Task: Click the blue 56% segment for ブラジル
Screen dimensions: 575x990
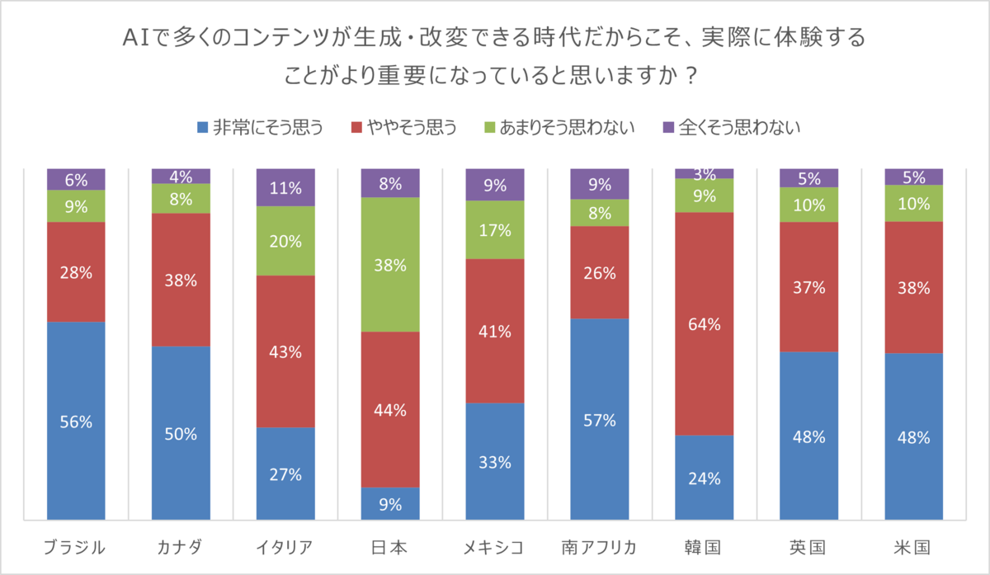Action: click(x=76, y=421)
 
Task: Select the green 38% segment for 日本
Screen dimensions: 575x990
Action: click(x=390, y=265)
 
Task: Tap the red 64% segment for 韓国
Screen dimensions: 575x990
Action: click(x=705, y=323)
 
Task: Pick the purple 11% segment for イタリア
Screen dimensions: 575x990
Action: click(x=285, y=187)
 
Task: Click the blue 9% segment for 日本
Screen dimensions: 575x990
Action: click(x=390, y=504)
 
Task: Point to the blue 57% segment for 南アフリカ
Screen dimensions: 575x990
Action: click(x=600, y=419)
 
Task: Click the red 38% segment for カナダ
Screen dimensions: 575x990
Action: click(x=181, y=280)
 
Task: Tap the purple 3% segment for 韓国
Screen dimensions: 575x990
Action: click(x=705, y=173)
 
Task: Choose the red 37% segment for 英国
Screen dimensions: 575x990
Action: click(x=809, y=286)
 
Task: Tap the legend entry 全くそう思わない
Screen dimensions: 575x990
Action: click(x=731, y=127)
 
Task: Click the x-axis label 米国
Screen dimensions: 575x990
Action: click(x=913, y=546)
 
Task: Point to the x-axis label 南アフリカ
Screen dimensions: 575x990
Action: click(x=600, y=546)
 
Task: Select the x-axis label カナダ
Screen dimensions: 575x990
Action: click(x=181, y=546)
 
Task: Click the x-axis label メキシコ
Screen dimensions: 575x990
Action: click(x=495, y=546)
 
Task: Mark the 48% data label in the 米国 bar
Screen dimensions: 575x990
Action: click(x=914, y=437)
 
